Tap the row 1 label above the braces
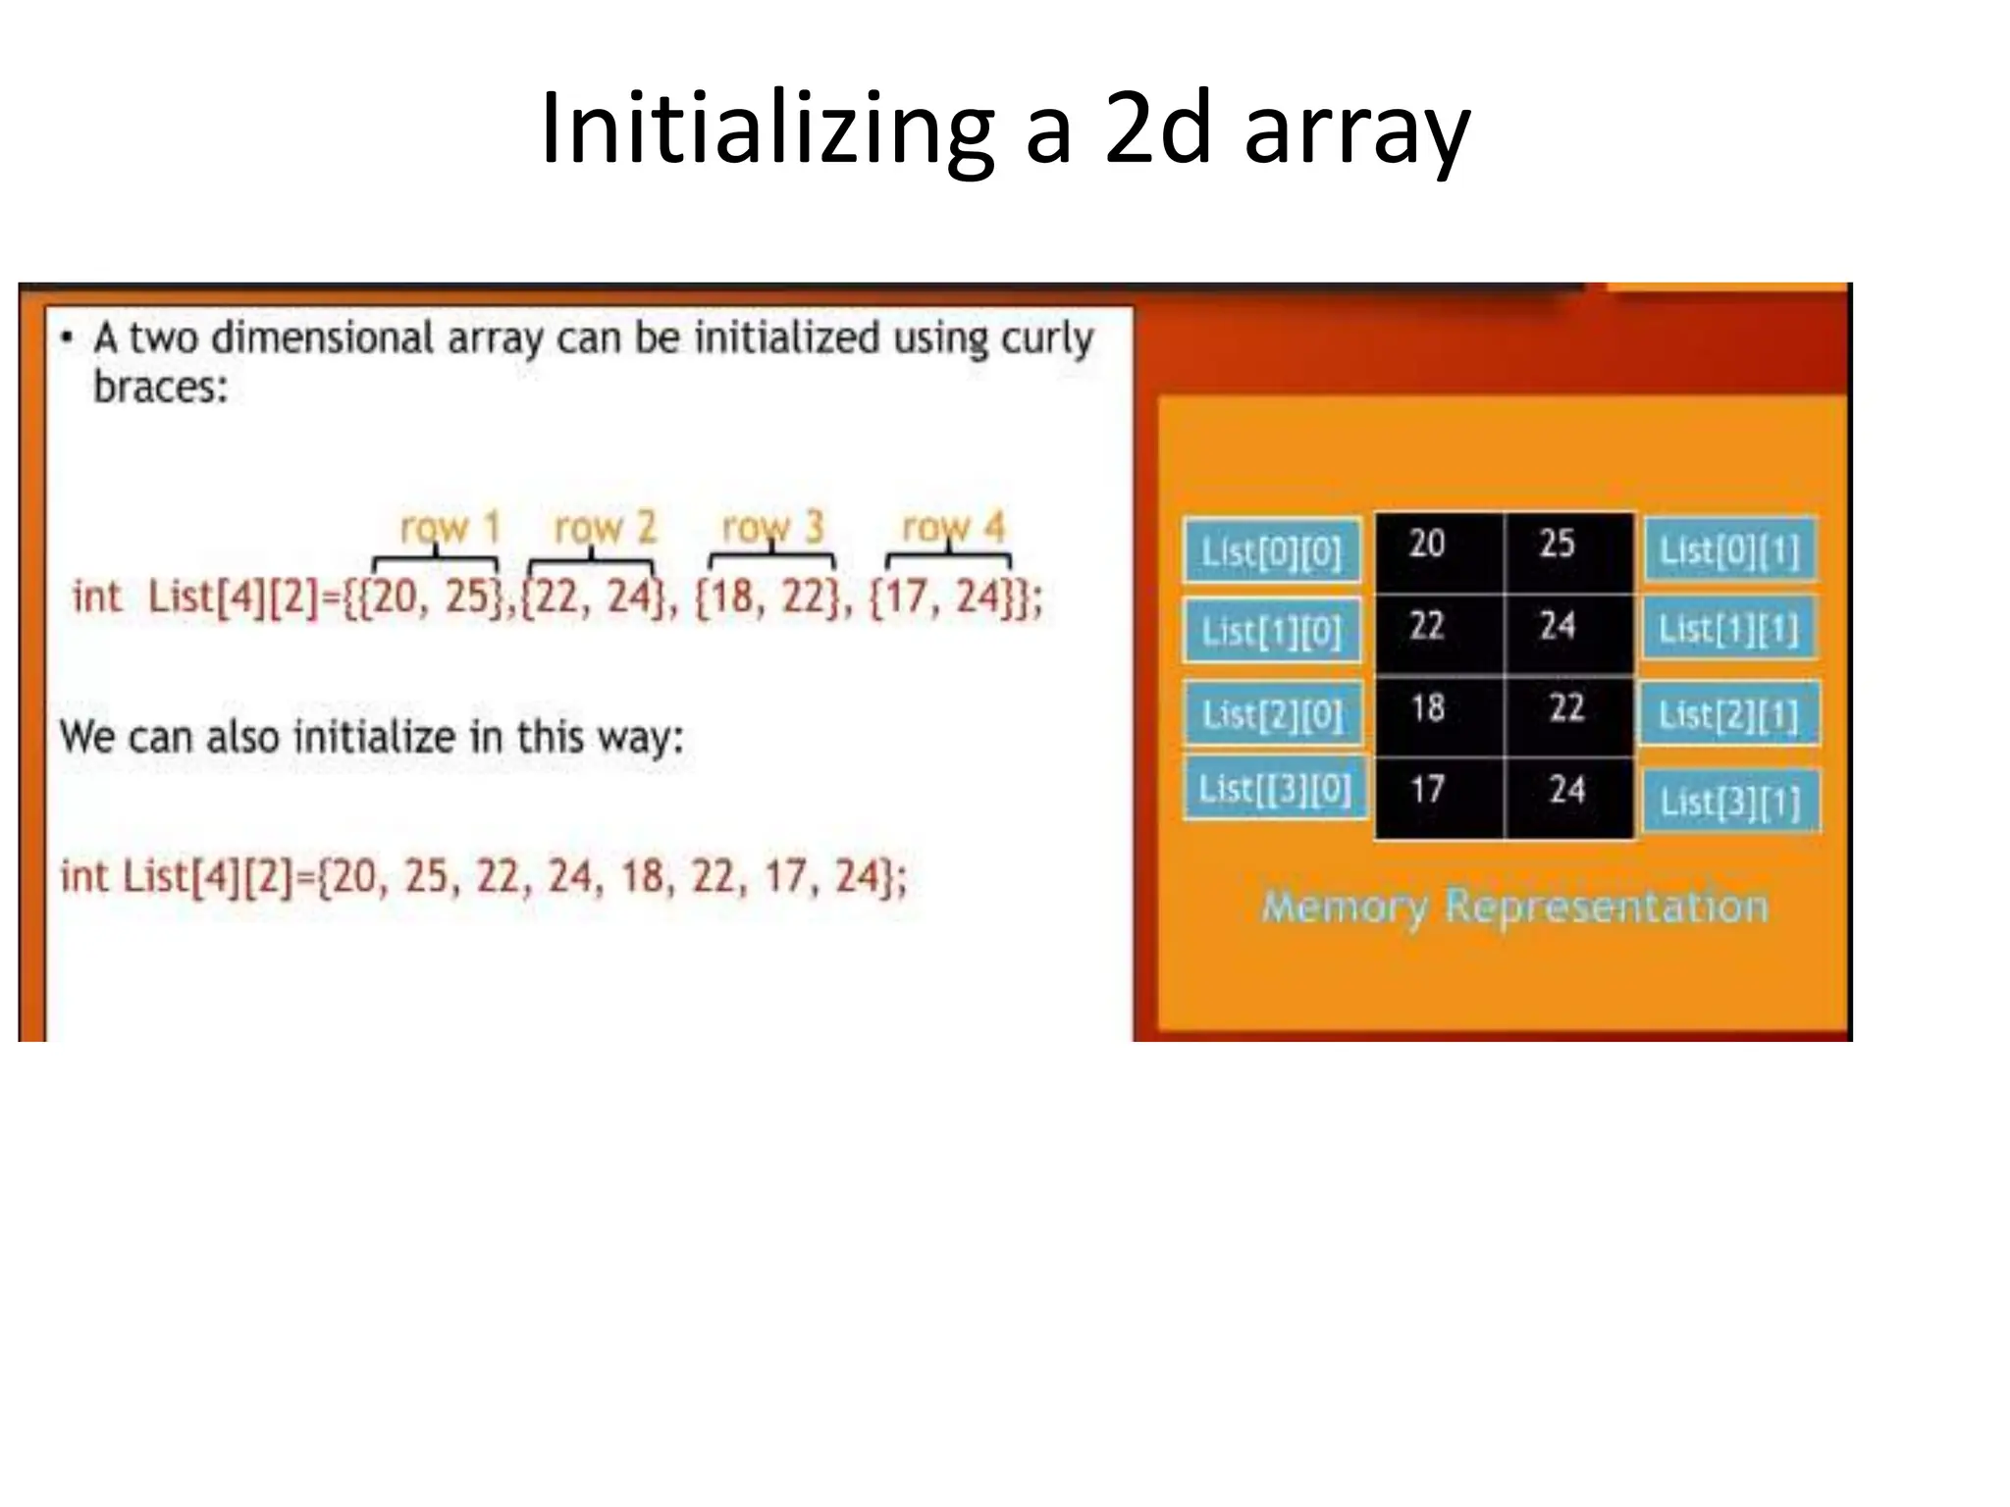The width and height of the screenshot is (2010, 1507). (x=450, y=528)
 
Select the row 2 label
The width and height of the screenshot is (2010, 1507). (x=605, y=528)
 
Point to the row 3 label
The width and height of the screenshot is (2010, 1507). (x=772, y=528)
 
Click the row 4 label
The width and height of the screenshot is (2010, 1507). (x=953, y=528)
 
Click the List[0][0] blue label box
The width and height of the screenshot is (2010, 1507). (x=1271, y=551)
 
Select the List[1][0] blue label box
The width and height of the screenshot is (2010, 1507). (x=1271, y=631)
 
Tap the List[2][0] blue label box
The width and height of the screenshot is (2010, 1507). (x=1272, y=713)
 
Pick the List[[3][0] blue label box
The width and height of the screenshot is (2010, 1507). (x=1275, y=788)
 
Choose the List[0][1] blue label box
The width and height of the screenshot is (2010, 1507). (x=1729, y=550)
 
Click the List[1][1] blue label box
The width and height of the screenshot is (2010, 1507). (x=1728, y=629)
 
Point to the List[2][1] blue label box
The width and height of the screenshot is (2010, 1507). (x=1728, y=713)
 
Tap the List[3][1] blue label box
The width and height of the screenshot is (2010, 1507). (x=1730, y=802)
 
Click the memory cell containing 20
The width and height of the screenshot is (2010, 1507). (x=1438, y=551)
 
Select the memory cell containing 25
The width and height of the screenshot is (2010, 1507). (x=1568, y=551)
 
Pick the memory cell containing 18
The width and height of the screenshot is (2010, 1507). (x=1438, y=714)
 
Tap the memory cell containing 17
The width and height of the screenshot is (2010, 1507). (x=1438, y=797)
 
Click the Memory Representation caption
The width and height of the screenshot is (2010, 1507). (x=1514, y=907)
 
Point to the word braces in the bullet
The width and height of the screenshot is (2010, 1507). (x=160, y=387)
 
